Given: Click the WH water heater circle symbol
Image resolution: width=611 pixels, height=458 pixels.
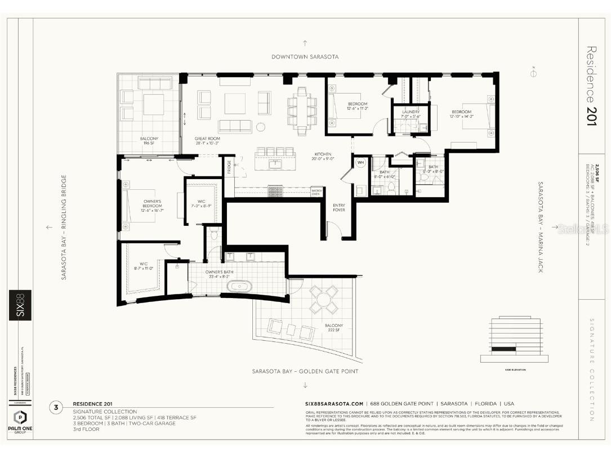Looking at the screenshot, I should (360, 163).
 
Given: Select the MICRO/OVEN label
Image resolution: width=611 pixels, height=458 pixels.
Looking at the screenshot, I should (316, 192).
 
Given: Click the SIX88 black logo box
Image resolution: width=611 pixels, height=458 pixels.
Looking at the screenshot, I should (20, 305).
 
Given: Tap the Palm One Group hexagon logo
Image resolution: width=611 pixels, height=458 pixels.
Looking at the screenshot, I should (20, 419).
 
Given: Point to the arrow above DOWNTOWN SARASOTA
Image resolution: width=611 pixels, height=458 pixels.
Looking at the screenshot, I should (305, 43).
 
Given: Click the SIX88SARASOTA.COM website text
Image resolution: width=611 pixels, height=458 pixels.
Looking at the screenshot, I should (333, 404).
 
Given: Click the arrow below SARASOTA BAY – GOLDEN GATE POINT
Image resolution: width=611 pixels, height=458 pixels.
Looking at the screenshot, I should (305, 385).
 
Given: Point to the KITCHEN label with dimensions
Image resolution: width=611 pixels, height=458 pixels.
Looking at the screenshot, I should (323, 157).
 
